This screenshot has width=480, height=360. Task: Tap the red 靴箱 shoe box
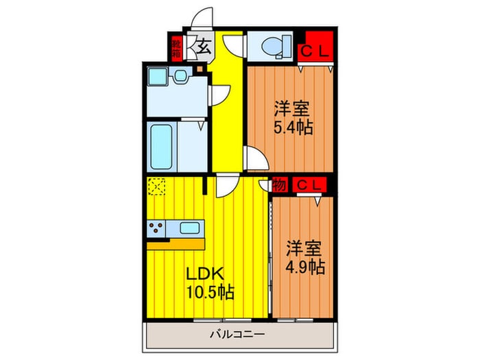pos(176,47)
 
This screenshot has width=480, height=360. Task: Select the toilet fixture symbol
pos(274,46)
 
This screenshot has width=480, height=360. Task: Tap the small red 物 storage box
pos(279,185)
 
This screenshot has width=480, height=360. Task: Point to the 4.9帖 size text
pos(305,266)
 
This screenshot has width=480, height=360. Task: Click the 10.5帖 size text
pos(209,293)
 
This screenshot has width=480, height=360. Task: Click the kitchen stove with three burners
pos(157,229)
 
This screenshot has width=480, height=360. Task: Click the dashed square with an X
pos(156,187)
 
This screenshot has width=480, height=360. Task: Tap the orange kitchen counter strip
pos(176,244)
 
